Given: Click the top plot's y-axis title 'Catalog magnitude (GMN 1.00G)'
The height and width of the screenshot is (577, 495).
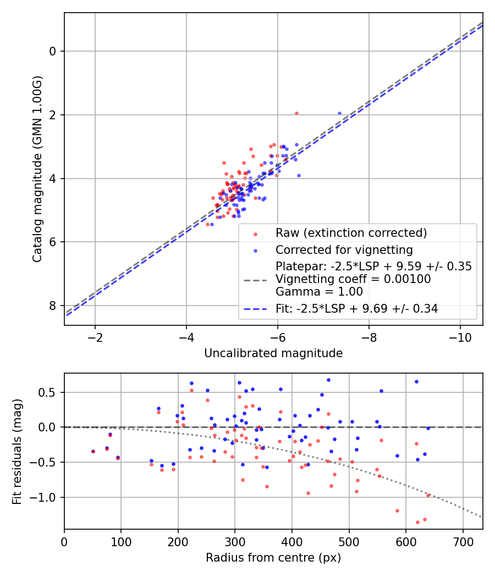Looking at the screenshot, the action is pyautogui.click(x=37, y=169).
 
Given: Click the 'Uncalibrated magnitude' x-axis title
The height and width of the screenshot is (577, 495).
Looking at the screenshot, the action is pyautogui.click(x=273, y=353).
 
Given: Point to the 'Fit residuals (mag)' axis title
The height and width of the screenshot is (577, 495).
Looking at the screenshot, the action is pyautogui.click(x=17, y=452).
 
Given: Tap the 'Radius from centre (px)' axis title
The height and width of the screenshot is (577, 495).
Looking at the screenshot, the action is pyautogui.click(x=273, y=558).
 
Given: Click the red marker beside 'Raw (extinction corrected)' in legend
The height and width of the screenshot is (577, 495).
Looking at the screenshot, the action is pyautogui.click(x=256, y=234).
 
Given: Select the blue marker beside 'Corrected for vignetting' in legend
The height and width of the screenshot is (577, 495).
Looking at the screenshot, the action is pyautogui.click(x=256, y=251).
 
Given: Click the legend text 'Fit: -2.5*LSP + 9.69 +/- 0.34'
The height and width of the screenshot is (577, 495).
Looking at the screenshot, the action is pyautogui.click(x=356, y=309).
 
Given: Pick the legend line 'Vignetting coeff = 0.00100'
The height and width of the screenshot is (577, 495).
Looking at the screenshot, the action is pyautogui.click(x=353, y=279).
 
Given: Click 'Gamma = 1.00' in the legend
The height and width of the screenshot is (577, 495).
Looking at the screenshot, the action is pyautogui.click(x=319, y=292).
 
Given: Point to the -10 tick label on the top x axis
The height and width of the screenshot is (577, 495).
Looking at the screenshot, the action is pyautogui.click(x=460, y=338).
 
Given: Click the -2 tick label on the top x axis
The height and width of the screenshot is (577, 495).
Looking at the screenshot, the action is pyautogui.click(x=95, y=338).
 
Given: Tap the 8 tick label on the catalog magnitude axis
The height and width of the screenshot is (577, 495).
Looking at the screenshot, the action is pyautogui.click(x=53, y=306).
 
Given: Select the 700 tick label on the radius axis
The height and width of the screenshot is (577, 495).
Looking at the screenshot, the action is pyautogui.click(x=463, y=542).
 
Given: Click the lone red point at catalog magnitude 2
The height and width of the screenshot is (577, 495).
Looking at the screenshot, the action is pyautogui.click(x=296, y=114).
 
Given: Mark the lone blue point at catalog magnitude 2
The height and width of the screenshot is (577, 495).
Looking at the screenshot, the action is pyautogui.click(x=339, y=114).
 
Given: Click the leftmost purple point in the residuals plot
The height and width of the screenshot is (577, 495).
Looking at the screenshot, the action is pyautogui.click(x=93, y=452).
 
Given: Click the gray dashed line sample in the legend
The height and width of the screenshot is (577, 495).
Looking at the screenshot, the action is pyautogui.click(x=255, y=281).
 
